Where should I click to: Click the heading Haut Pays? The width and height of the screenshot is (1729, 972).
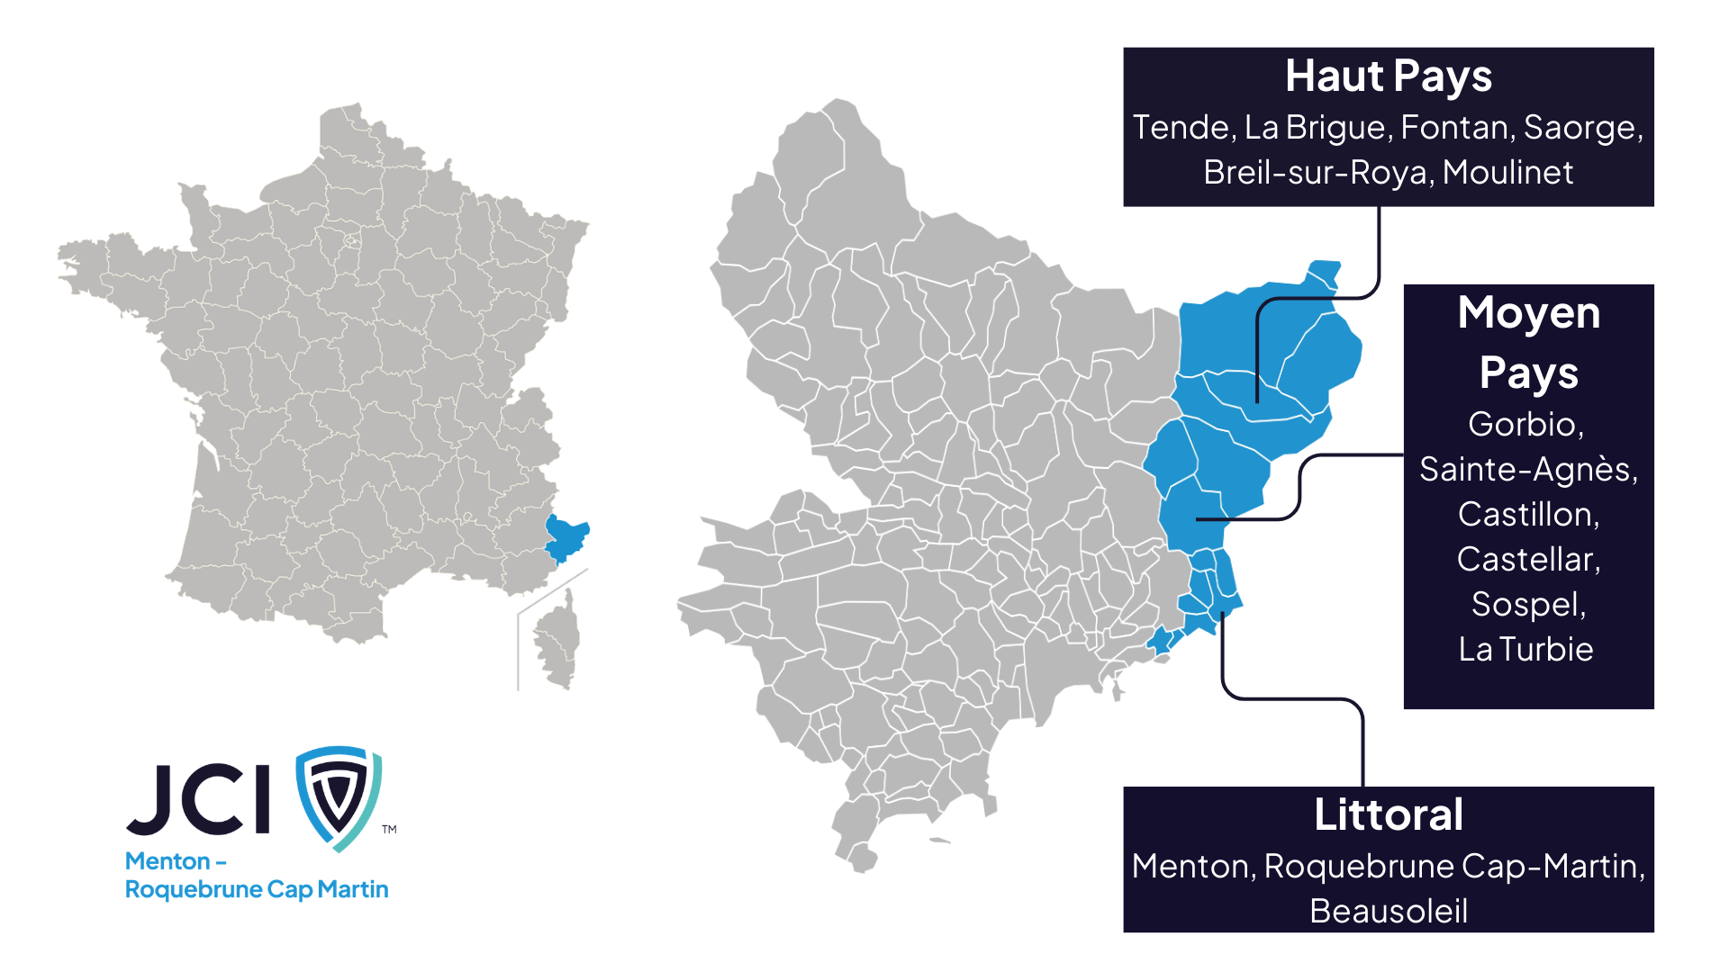point(1388,76)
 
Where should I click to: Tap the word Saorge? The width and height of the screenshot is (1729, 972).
point(1581,128)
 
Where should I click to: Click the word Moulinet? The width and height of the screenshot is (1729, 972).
point(1507,173)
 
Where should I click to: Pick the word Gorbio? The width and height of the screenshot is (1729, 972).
point(1525,424)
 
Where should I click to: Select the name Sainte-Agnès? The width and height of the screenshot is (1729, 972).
point(1528,469)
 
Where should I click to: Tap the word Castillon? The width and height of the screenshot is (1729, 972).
point(1528,514)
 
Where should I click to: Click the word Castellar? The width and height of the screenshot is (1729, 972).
point(1528,559)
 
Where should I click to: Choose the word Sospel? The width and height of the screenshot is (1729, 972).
point(1528,604)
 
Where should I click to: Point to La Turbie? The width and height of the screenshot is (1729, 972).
point(1525,649)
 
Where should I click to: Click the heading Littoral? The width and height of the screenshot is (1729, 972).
point(1388,814)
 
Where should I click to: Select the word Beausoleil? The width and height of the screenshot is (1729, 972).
point(1388,911)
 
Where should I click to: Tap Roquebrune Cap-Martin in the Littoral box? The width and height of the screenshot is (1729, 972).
point(1453,866)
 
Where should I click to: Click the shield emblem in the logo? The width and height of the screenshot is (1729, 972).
point(339,796)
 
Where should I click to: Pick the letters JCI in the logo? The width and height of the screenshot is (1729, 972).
point(199,799)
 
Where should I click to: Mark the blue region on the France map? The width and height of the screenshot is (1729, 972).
point(566,537)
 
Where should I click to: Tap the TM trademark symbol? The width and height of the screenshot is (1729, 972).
point(389,829)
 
